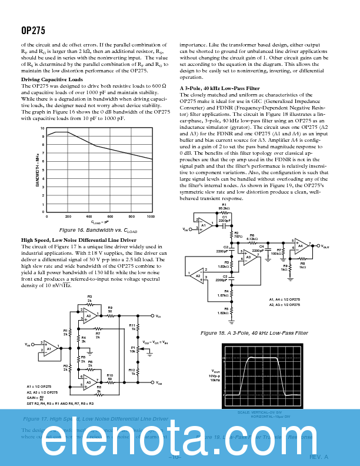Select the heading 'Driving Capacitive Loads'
52,79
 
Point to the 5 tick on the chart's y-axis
42,170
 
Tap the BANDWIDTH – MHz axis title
38,169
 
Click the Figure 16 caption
99,230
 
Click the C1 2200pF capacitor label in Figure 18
224,218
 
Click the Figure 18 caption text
254,333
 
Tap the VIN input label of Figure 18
185,229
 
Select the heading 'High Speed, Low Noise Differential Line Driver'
79,240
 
